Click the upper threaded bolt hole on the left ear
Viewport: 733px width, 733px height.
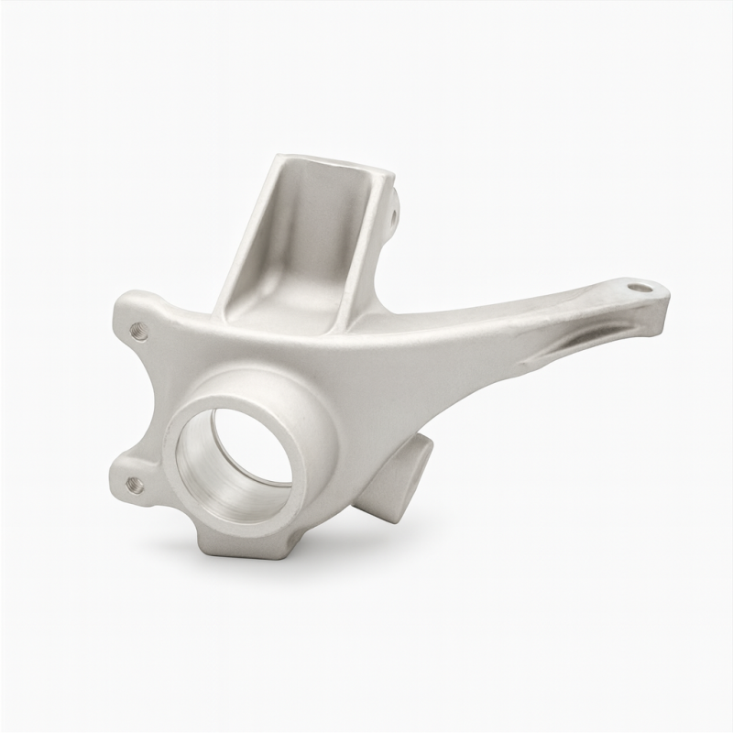pos(139,331)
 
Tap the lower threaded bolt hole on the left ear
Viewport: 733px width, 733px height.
pos(135,485)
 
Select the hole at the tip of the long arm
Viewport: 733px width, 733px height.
pos(638,288)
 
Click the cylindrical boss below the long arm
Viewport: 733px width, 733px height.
pos(403,476)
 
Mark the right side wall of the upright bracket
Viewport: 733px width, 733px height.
pos(362,247)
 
